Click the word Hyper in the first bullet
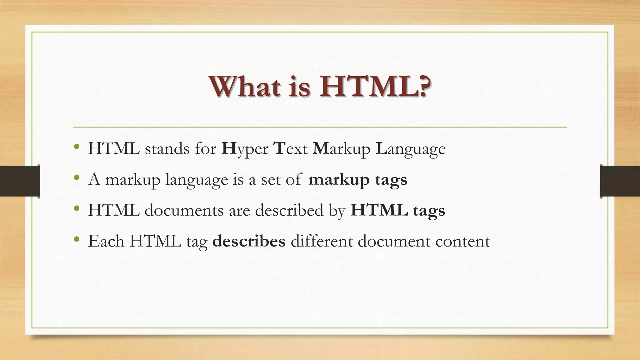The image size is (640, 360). [245, 149]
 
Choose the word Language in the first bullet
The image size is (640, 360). [411, 149]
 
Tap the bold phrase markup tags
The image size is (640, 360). [357, 180]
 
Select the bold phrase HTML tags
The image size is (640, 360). [397, 210]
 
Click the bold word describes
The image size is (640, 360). [249, 241]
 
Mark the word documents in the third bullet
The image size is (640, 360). [184, 210]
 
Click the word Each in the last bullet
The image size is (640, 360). [106, 241]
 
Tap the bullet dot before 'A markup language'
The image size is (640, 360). [77, 178]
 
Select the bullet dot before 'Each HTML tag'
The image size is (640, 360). [77, 240]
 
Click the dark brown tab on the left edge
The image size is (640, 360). [20, 181]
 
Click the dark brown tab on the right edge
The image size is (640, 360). [620, 181]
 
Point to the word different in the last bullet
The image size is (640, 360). [321, 241]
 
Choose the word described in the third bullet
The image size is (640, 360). [289, 210]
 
